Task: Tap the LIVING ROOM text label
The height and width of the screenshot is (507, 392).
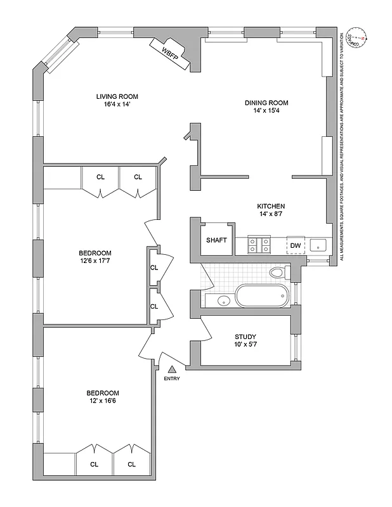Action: [x=117, y=96]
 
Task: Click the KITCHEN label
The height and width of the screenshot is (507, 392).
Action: [x=270, y=207]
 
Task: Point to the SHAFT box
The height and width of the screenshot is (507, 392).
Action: [x=216, y=240]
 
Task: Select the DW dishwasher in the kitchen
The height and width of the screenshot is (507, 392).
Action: [x=295, y=245]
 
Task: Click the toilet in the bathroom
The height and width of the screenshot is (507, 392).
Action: [x=277, y=273]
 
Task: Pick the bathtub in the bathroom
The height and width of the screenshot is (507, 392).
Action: [x=262, y=297]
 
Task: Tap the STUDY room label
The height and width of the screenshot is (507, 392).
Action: [x=245, y=337]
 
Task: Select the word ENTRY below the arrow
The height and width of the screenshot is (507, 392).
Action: [x=171, y=379]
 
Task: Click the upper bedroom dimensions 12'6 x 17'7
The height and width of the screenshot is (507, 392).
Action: [x=96, y=260]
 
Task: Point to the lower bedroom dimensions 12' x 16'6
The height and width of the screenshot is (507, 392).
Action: [x=96, y=400]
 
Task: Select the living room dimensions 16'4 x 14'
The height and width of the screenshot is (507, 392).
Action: [x=117, y=105]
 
